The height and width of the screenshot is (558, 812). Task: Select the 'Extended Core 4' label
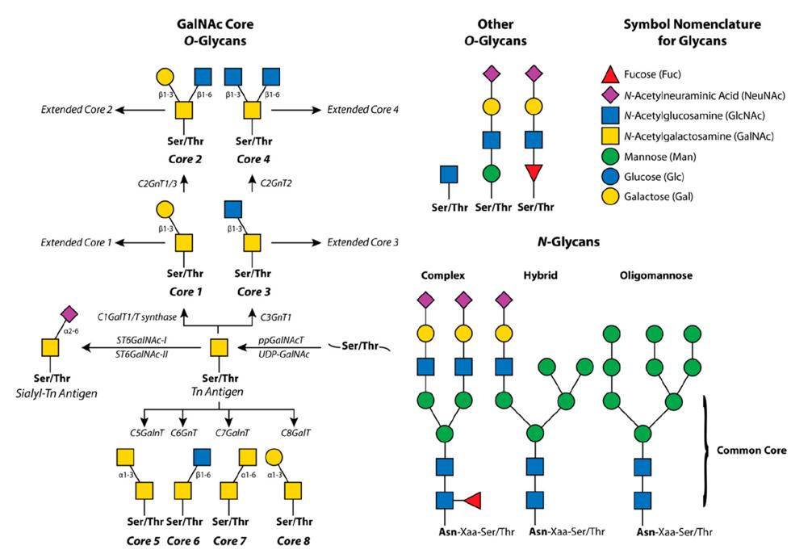(363, 109)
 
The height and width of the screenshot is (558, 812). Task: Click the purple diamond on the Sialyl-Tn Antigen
(68, 313)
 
